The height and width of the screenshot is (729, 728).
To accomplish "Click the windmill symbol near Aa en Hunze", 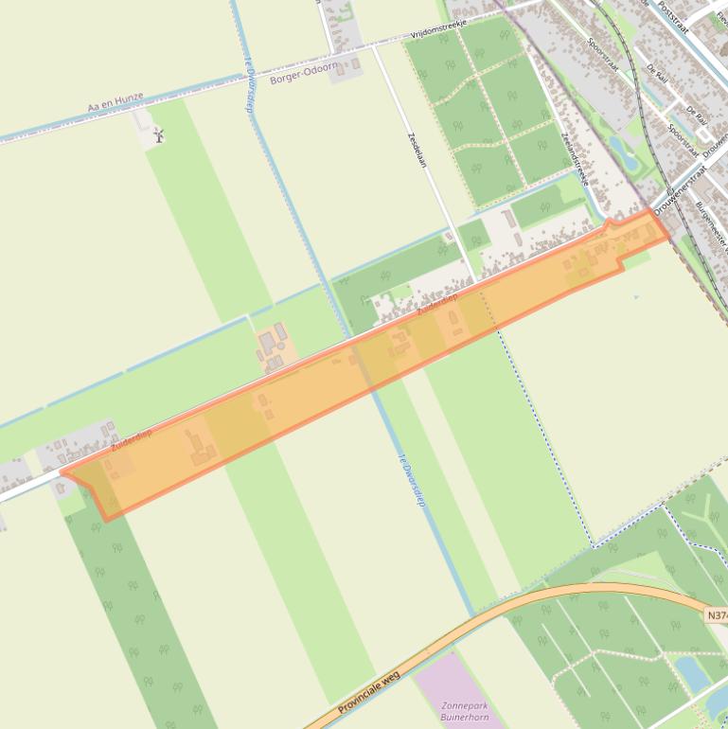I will (x=159, y=135).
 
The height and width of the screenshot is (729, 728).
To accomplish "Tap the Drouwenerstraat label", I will (x=681, y=189).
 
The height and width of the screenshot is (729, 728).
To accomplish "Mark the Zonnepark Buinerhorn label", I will (x=464, y=711).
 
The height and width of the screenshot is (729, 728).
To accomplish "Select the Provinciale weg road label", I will (x=369, y=692).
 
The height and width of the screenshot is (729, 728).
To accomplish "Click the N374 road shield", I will (x=717, y=615).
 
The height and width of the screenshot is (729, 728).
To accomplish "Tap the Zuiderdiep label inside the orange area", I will (x=436, y=303).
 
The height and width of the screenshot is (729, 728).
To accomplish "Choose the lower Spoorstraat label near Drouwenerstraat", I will (x=683, y=142).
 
